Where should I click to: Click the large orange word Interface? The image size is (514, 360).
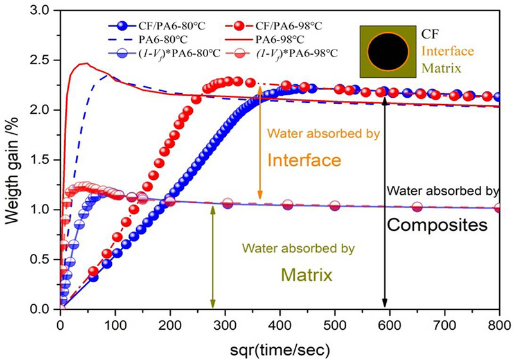304,160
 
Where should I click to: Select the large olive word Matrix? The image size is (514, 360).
307,274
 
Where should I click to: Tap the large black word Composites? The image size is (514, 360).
438,225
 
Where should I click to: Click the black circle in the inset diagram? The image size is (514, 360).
388,52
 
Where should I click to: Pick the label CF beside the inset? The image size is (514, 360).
430,34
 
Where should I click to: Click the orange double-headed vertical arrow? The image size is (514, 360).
260,143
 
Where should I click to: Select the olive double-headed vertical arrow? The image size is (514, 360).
213,258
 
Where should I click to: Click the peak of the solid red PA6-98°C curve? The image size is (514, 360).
86,63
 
